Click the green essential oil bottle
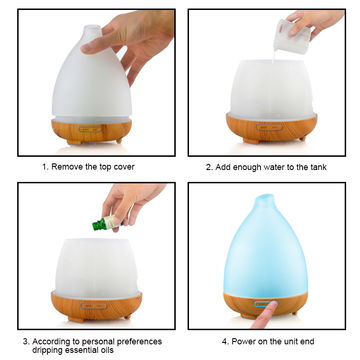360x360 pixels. (x=100, y=224)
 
